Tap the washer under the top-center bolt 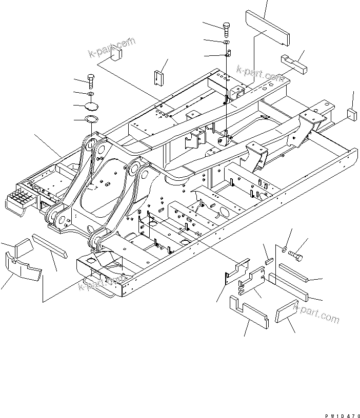(x=227, y=41)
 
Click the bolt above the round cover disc (x=91, y=80)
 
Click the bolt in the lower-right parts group (x=296, y=253)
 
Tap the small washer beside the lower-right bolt (x=284, y=249)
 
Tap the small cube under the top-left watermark (x=118, y=53)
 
